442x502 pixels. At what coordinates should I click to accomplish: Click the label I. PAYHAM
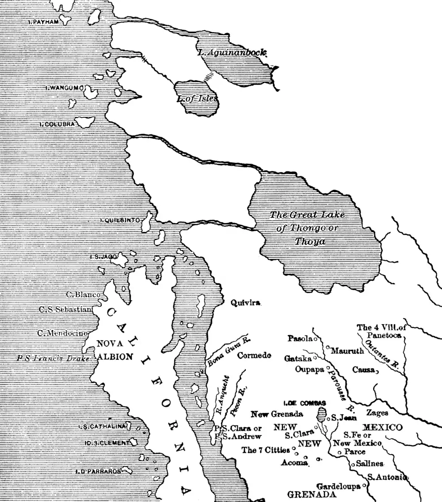(40, 21)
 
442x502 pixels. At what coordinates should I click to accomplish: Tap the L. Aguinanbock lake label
(232, 53)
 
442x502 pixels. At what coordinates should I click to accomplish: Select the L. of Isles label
(197, 99)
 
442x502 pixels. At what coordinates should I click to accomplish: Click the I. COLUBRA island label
(57, 124)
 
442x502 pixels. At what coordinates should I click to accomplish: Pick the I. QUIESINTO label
(120, 220)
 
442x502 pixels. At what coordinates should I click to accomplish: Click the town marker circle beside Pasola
(316, 340)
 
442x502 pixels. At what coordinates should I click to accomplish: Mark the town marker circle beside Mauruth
(328, 347)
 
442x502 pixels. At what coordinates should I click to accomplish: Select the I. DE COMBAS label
(305, 403)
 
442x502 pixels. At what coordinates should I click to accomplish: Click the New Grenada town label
(277, 414)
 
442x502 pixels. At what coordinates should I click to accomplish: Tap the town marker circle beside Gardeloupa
(364, 486)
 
